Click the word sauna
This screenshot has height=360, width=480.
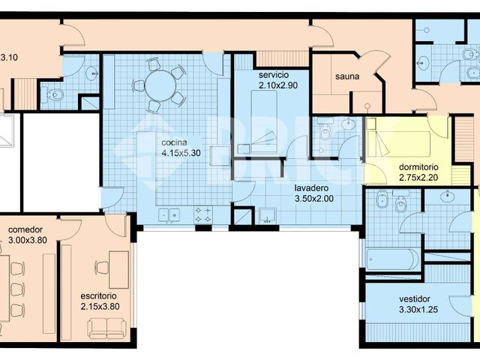point(347,76)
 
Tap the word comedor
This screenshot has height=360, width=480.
point(25,229)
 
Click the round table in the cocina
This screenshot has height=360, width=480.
point(160,86)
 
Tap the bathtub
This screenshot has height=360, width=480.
point(392,259)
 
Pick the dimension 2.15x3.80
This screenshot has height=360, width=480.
point(100,306)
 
